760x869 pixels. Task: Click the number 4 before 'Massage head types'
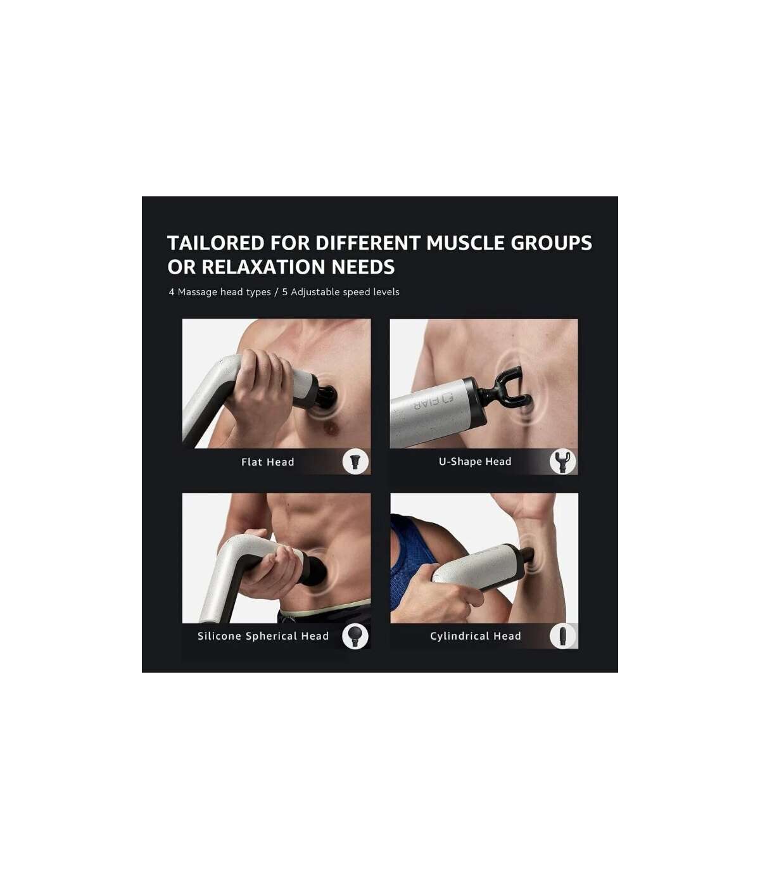(172, 292)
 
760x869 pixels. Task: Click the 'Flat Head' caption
(267, 462)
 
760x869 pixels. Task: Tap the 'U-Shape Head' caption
(475, 461)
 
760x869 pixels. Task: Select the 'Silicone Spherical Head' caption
(263, 636)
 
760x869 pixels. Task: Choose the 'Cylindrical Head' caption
(476, 636)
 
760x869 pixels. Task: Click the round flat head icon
(355, 462)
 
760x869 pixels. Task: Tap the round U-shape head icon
(562, 462)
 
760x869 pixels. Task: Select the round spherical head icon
(355, 636)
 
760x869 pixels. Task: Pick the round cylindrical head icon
(562, 636)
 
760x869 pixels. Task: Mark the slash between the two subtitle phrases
(276, 292)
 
